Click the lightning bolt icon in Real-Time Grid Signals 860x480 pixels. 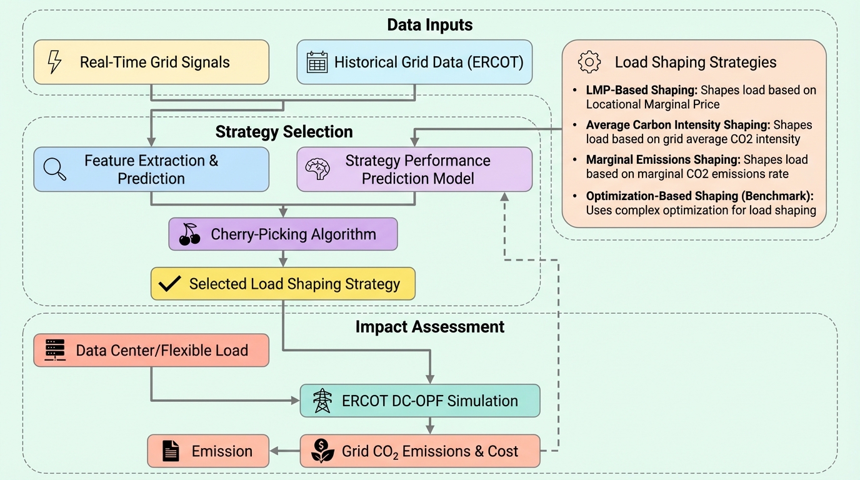(x=54, y=62)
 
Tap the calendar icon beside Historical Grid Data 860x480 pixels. (x=317, y=62)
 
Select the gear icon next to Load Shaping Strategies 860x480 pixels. (x=589, y=62)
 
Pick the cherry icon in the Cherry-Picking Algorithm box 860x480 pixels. (x=189, y=234)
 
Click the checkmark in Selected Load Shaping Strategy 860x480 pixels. (x=169, y=284)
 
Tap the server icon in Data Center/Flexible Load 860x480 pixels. (x=56, y=350)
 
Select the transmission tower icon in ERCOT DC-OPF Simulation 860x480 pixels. (x=322, y=401)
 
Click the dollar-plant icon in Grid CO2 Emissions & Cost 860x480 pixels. (x=322, y=451)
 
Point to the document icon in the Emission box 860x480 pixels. (x=171, y=451)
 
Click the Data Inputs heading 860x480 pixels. (x=429, y=25)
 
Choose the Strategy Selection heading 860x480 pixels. (x=284, y=132)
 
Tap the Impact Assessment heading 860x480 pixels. (x=430, y=326)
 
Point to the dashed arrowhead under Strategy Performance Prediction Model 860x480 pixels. (x=504, y=196)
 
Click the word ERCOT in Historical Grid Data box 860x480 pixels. (x=496, y=62)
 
